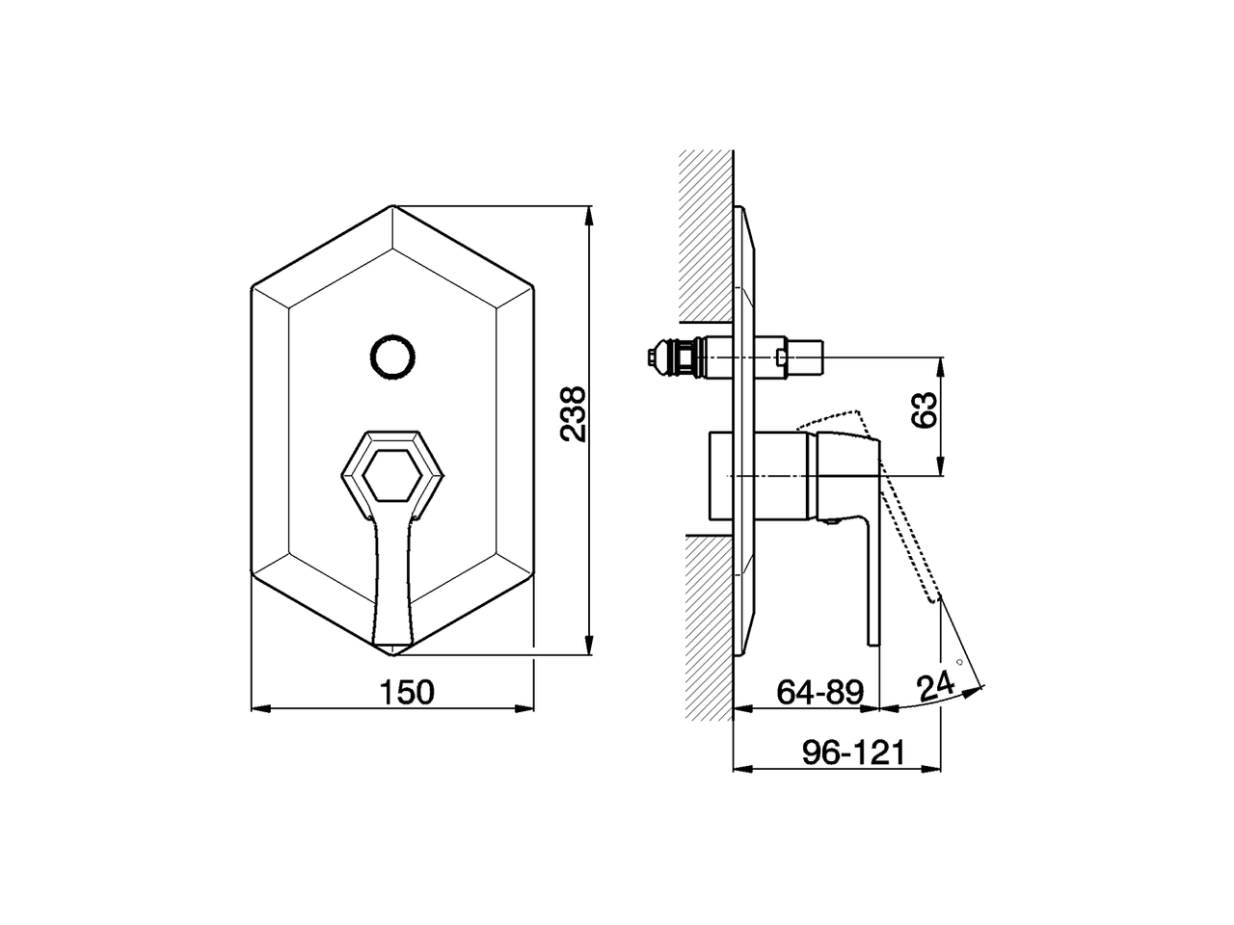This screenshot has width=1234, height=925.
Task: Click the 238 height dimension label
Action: click(x=575, y=414)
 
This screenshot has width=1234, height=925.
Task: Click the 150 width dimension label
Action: click(x=406, y=691)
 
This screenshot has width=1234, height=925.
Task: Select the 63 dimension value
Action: click(x=925, y=410)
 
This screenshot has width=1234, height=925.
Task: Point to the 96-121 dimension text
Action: click(x=854, y=753)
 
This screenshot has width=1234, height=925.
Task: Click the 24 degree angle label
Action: click(x=934, y=687)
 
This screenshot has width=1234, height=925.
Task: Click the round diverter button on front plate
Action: click(x=393, y=356)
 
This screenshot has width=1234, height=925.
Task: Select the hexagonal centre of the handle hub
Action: click(x=392, y=473)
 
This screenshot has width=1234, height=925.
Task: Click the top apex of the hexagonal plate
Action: click(x=393, y=206)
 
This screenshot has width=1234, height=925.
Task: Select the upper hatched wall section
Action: click(x=706, y=236)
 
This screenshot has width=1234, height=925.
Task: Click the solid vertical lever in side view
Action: click(x=872, y=568)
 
